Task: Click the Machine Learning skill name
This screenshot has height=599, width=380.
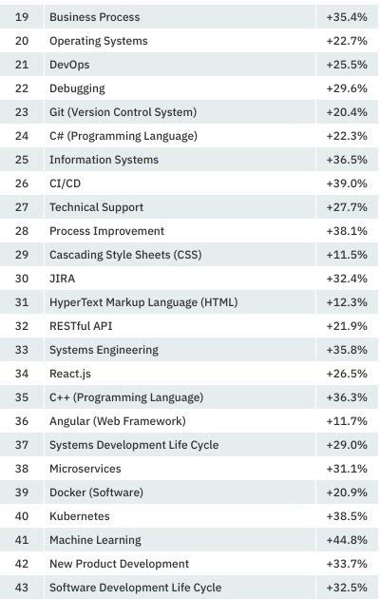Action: (95, 540)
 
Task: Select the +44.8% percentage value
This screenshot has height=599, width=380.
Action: (346, 540)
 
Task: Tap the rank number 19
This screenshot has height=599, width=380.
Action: (22, 17)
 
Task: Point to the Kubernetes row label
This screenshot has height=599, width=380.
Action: (79, 516)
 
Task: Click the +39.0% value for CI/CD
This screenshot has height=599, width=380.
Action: (346, 184)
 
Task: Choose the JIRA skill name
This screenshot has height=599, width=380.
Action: (62, 279)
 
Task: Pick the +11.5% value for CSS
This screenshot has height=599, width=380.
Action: (346, 255)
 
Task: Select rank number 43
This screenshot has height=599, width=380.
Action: (22, 588)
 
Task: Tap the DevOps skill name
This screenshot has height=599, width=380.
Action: (69, 65)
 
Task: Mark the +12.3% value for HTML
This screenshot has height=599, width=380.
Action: (346, 302)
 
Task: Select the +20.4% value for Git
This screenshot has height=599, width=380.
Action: (346, 112)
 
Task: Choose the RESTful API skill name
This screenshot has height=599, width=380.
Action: (81, 326)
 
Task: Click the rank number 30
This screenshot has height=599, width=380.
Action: (22, 279)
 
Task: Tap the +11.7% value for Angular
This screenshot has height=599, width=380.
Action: (346, 421)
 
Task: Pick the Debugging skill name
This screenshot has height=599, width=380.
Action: (77, 88)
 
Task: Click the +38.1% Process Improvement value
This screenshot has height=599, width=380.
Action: (346, 231)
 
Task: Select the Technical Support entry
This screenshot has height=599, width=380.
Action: (96, 207)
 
